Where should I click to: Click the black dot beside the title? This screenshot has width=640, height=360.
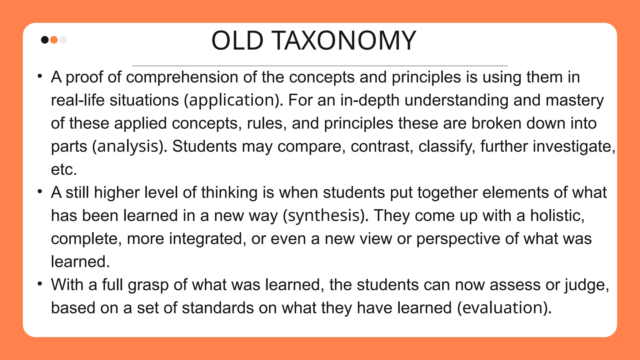click(x=45, y=40)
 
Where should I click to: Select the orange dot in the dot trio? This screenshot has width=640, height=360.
click(x=54, y=40)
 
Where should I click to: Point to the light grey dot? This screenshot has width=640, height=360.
click(x=63, y=40)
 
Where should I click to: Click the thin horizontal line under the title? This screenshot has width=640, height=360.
click(x=320, y=66)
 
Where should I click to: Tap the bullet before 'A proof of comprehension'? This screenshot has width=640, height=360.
click(x=39, y=76)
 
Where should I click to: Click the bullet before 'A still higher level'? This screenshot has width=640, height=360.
click(x=39, y=192)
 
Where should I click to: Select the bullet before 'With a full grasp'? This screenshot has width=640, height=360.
click(x=39, y=284)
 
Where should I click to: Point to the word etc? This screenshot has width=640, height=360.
click(x=64, y=169)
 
